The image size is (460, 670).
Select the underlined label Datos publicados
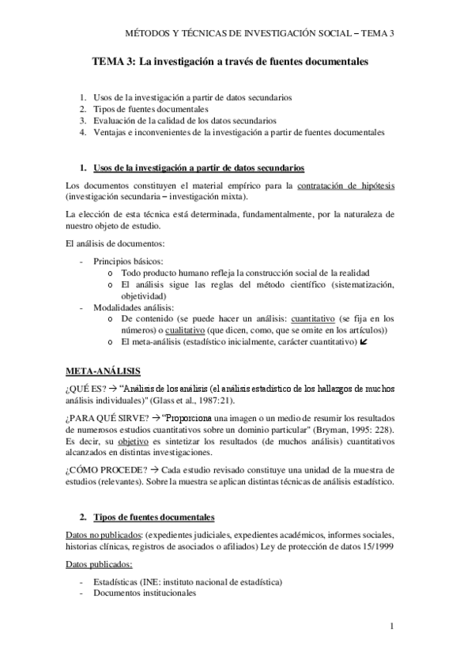point(98,564)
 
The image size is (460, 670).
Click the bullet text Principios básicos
point(129,260)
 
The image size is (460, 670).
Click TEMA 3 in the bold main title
point(114,61)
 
